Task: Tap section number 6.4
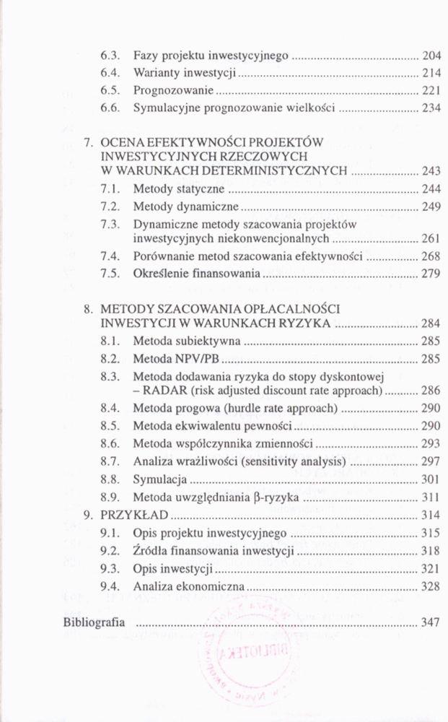(x=109, y=73)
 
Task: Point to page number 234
(x=431, y=109)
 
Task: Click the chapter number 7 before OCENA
(x=88, y=142)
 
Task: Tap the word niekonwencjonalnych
(x=284, y=238)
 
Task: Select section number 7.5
(x=109, y=274)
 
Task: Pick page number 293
(x=431, y=444)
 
